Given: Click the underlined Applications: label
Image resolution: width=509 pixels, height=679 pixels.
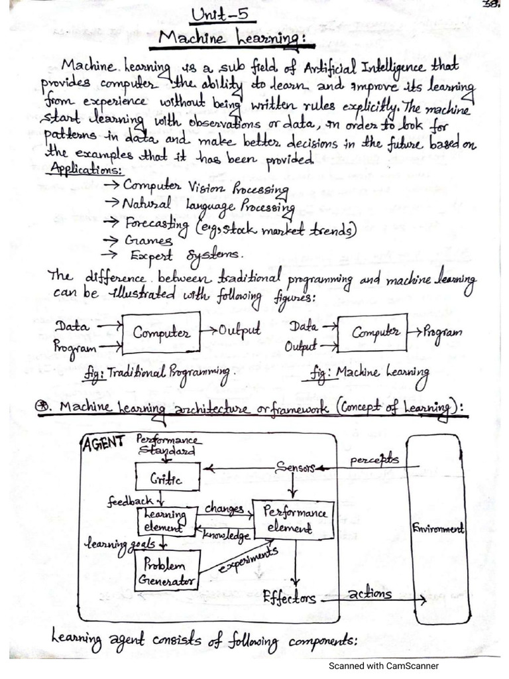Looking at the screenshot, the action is point(85,169).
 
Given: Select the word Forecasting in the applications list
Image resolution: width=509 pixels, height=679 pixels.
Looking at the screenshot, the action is point(157,224).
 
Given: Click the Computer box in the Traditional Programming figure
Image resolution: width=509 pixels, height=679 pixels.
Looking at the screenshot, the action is point(162,333).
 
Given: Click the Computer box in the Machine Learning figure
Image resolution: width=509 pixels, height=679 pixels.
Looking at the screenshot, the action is point(372,333).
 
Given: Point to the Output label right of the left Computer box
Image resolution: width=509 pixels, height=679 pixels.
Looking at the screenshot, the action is point(239,330).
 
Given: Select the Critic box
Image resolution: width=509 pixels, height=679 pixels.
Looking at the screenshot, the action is point(168,476).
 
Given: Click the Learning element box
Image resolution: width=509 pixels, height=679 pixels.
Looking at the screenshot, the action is point(166,521).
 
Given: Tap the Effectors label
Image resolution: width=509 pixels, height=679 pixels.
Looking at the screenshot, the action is point(290,598).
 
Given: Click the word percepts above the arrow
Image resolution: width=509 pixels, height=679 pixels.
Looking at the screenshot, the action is point(374,459).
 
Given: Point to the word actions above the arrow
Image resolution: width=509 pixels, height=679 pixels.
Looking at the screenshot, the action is point(370,593).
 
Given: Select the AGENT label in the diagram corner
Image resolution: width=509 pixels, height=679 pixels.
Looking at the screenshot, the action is point(103,442).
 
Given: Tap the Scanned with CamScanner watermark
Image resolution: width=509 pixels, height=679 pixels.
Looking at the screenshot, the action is point(384,666).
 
